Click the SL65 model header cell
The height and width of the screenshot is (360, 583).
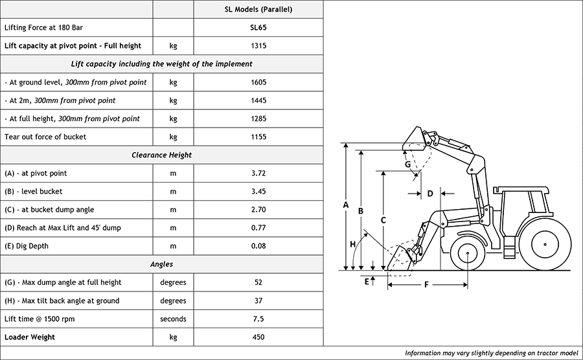(x=258, y=28)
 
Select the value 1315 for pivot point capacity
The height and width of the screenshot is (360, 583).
(x=258, y=46)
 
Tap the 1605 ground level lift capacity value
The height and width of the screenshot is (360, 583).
(x=258, y=82)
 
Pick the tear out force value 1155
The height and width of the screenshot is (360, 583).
(x=258, y=137)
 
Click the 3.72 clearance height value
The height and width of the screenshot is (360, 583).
(x=258, y=174)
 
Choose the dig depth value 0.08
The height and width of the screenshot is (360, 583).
(x=258, y=246)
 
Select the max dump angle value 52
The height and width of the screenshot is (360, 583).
(x=258, y=282)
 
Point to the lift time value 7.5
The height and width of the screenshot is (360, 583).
(x=258, y=319)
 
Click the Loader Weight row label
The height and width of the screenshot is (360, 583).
(x=30, y=337)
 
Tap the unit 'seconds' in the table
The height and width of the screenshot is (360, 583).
(x=173, y=319)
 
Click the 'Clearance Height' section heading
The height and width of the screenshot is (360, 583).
(x=161, y=155)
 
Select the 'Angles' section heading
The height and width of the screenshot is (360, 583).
(x=161, y=264)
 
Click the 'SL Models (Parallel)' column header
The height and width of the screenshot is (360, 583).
(x=258, y=10)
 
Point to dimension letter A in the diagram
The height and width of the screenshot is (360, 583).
(x=346, y=205)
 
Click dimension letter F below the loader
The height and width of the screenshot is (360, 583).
(x=426, y=284)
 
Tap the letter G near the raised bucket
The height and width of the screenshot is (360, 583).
(x=407, y=164)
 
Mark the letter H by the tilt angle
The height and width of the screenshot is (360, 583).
(x=353, y=244)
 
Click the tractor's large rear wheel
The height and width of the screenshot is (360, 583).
(x=545, y=244)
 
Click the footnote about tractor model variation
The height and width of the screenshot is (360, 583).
(x=491, y=353)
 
